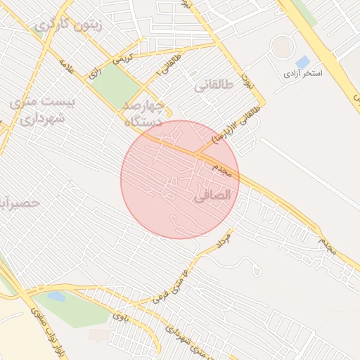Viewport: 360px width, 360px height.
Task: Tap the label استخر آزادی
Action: tap(303, 73)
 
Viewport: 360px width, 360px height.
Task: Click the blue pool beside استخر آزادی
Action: tap(303, 62)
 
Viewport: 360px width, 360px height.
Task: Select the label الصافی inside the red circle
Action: tap(211, 198)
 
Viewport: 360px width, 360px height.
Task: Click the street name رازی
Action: tap(94, 72)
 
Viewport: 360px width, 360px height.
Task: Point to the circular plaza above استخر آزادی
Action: tap(283, 47)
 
